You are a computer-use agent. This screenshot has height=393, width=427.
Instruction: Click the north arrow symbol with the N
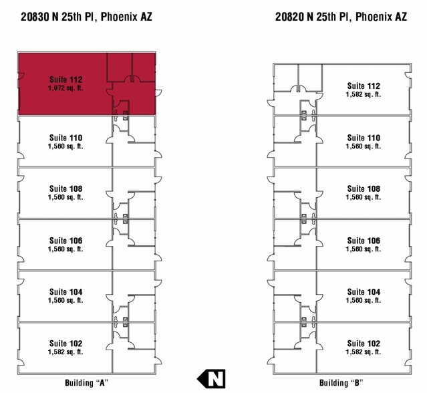211,378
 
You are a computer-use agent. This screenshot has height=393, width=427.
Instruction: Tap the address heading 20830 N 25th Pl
86,15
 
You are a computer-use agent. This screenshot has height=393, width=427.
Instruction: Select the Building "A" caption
86,383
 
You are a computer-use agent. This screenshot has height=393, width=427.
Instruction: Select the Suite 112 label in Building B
364,86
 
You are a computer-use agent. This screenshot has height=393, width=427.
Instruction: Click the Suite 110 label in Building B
364,138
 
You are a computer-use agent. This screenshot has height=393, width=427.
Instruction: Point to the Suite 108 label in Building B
364,189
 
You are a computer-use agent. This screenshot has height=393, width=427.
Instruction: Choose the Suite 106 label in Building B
364,241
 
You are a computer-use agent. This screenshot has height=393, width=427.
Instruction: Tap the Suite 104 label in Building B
364,292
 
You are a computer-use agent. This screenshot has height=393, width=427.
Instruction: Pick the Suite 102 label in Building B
364,344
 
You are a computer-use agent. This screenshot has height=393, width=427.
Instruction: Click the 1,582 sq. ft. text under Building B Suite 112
364,95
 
